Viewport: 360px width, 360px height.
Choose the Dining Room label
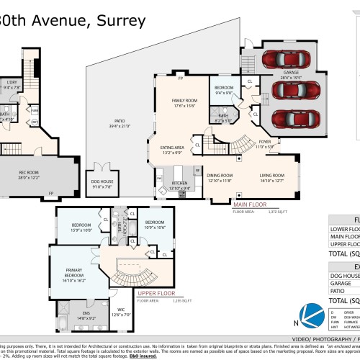(220, 176)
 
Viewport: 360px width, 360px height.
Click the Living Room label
(272, 176)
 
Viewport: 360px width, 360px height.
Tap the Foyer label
(265, 144)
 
